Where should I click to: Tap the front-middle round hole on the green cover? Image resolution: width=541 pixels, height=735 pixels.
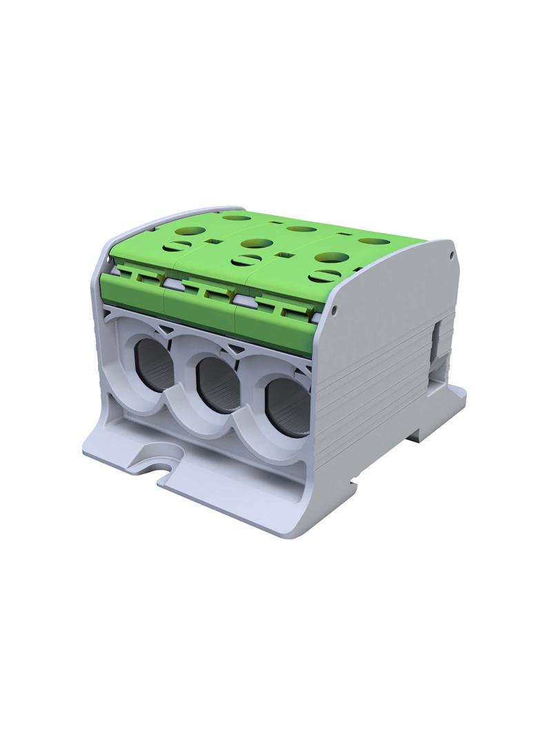[x=257, y=243]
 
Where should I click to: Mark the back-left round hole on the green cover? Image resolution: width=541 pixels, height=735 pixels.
[x=237, y=217]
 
